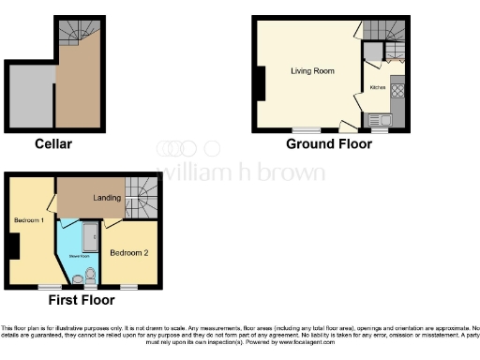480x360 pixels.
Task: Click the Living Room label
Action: (x=312, y=70)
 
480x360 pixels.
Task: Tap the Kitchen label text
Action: (x=377, y=87)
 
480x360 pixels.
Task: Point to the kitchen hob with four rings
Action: (x=397, y=92)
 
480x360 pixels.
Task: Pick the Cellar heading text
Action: (x=52, y=143)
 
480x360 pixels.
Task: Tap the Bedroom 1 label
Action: (x=29, y=219)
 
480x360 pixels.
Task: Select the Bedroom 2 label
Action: (x=128, y=252)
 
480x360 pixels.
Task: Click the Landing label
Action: (x=108, y=198)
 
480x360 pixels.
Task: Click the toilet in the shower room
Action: (x=90, y=275)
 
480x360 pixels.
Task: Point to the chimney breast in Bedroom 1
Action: (x=16, y=246)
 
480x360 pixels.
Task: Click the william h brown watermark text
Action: (x=241, y=172)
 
